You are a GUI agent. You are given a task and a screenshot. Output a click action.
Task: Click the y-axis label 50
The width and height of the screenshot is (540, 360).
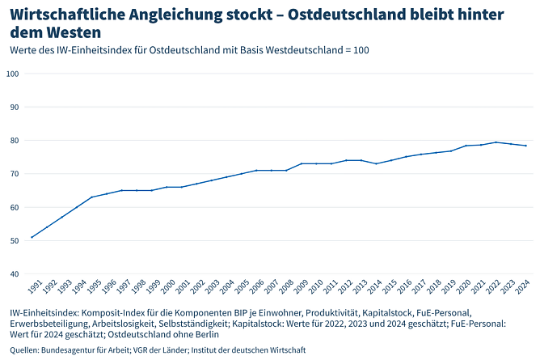click(x=15, y=241)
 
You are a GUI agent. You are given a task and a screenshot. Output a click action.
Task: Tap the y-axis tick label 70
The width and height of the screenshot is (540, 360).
click(x=15, y=174)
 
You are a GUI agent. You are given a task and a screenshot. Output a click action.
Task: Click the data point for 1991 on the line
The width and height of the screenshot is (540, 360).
click(x=32, y=237)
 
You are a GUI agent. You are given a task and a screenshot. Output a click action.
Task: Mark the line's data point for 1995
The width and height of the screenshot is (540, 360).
click(x=91, y=197)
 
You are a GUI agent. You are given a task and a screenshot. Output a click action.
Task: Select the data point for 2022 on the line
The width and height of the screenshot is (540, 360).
click(x=496, y=142)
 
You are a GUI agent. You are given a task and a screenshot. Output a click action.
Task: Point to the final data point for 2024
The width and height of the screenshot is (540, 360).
click(x=525, y=146)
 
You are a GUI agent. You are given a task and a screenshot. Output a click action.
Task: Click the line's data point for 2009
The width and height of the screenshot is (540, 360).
click(x=301, y=163)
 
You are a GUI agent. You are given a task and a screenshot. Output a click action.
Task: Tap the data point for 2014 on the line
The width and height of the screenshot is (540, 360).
click(x=376, y=163)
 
